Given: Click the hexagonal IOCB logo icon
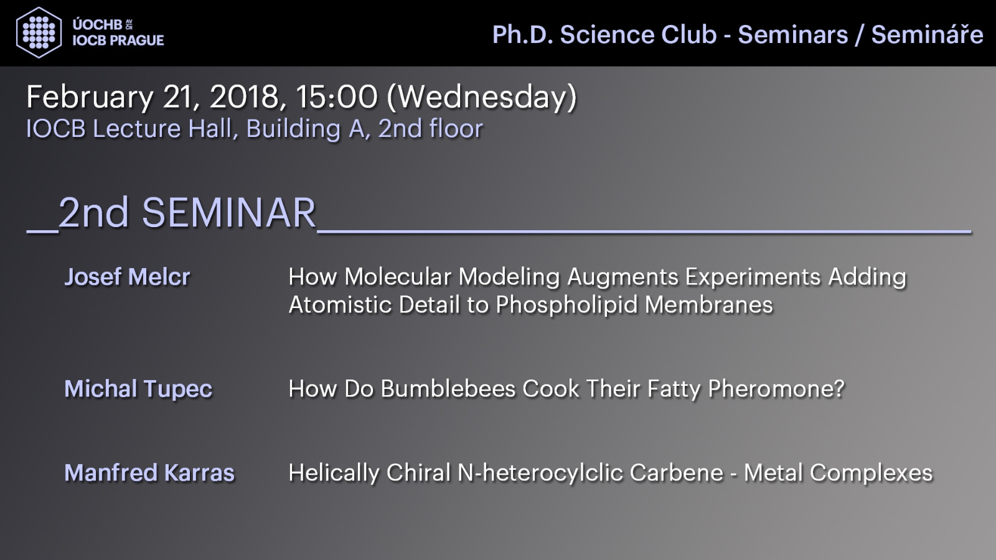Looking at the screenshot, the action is point(39,32).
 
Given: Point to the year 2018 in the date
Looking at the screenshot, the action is point(243,97).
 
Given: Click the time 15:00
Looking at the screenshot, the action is point(337,97).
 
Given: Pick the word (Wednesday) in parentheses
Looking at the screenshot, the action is point(482,97).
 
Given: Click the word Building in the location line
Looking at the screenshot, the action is point(293,129).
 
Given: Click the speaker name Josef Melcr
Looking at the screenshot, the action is point(128,276).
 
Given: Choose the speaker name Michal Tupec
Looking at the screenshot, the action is point(138,390).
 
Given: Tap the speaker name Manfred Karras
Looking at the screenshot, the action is point(149,472).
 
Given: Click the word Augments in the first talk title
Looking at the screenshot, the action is point(622,278).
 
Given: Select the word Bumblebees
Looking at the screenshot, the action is point(448,388).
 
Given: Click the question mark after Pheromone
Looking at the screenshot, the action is point(839,388).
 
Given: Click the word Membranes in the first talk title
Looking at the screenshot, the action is point(709,304).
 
